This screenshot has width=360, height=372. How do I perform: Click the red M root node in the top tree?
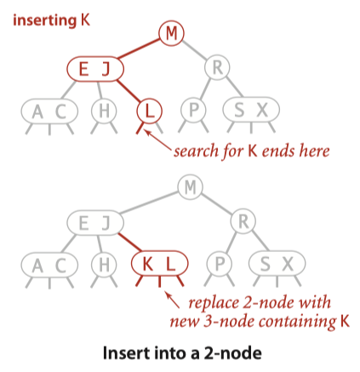tap(172, 33)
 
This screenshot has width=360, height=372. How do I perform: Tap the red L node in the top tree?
tap(148, 111)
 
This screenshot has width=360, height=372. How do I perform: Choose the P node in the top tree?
tap(191, 111)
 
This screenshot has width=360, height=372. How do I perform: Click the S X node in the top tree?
tap(249, 111)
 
